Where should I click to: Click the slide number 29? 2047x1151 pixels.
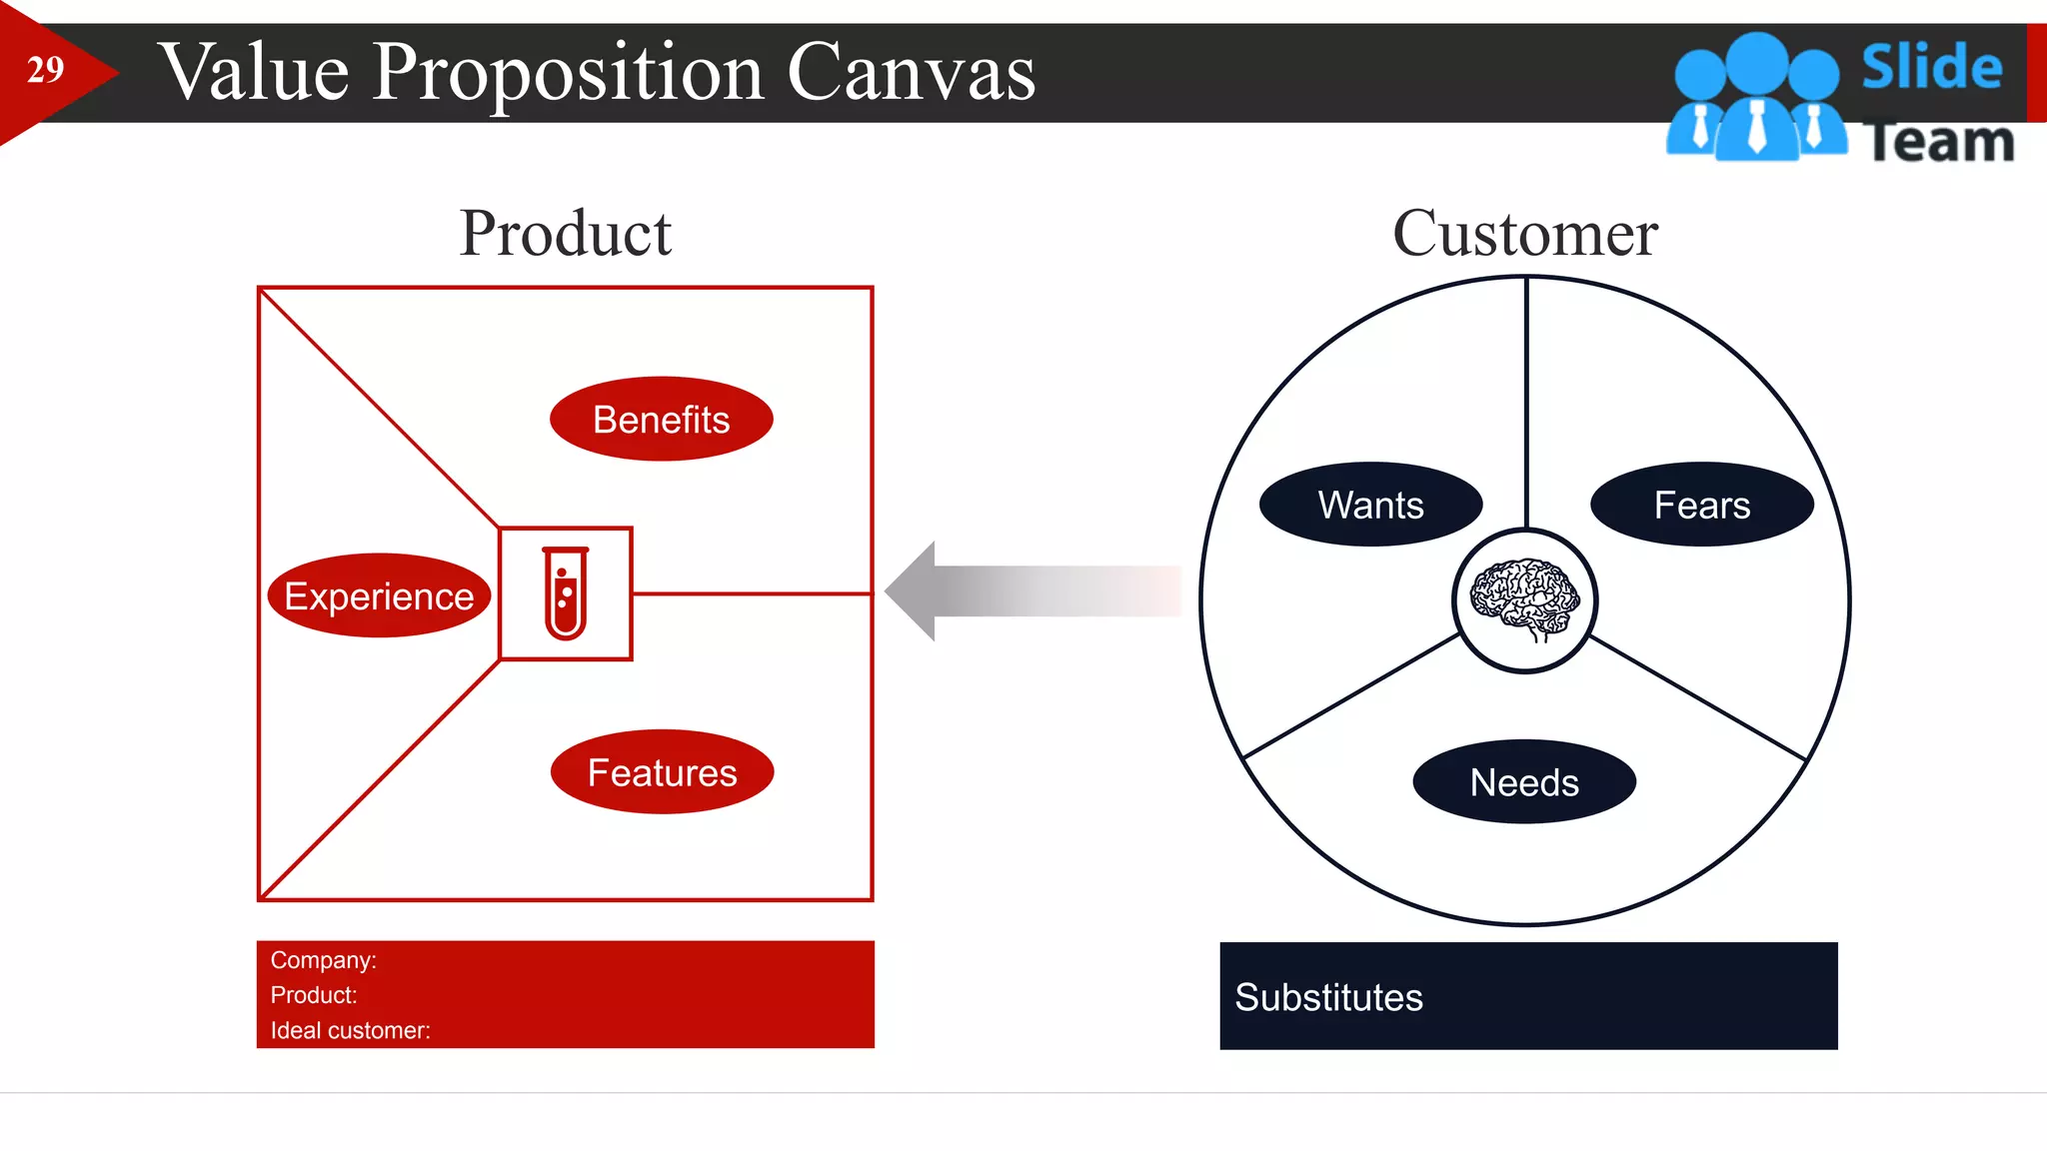click(45, 70)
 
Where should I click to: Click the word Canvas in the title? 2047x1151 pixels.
click(911, 73)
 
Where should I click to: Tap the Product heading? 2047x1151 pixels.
click(565, 233)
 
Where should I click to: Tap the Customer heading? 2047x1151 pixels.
click(1524, 233)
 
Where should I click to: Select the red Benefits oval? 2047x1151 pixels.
click(661, 420)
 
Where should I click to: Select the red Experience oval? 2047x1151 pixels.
click(379, 596)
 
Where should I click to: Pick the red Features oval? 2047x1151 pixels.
click(662, 772)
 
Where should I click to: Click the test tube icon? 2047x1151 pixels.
click(566, 593)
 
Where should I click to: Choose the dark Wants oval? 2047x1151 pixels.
click(1370, 505)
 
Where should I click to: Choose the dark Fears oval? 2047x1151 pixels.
click(1701, 505)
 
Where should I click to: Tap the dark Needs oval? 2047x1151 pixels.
click(1523, 782)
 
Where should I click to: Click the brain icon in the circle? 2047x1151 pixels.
click(1524, 599)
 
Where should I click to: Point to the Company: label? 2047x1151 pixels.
click(323, 960)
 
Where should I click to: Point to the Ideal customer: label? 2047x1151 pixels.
click(350, 1030)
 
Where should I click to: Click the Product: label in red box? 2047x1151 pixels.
click(313, 995)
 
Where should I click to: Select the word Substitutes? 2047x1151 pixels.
click(1328, 997)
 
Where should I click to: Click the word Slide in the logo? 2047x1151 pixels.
click(1931, 68)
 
